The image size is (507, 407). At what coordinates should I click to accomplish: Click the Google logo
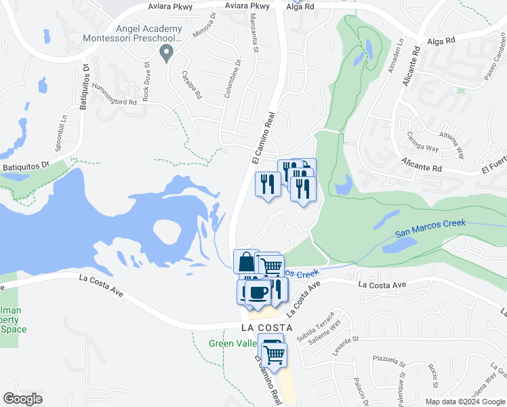22,399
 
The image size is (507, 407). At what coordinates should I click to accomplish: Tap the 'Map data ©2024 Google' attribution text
465,402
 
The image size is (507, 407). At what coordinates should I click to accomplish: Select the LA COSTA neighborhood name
266,328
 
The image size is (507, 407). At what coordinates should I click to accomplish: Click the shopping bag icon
245,261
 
